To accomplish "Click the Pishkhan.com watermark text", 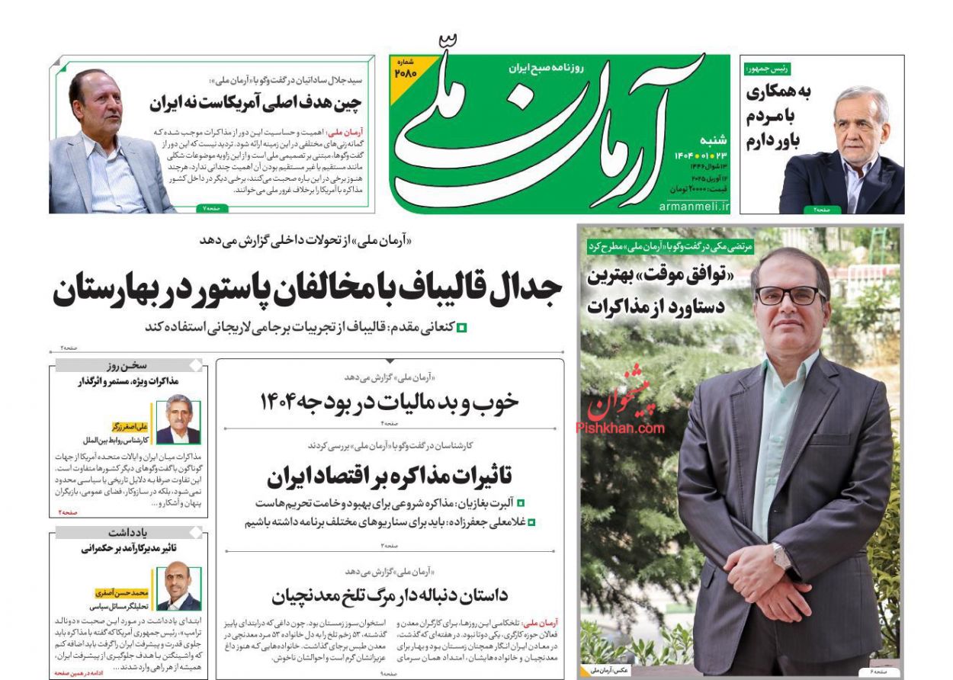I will click(620, 428).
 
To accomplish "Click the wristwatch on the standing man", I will click(781, 556).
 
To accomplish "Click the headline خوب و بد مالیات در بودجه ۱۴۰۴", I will click(389, 403).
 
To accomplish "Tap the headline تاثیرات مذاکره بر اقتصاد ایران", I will click(389, 476).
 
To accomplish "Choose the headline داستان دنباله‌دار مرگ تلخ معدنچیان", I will click(389, 595).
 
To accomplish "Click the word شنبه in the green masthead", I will click(714, 140).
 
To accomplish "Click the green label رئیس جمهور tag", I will click(768, 69).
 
